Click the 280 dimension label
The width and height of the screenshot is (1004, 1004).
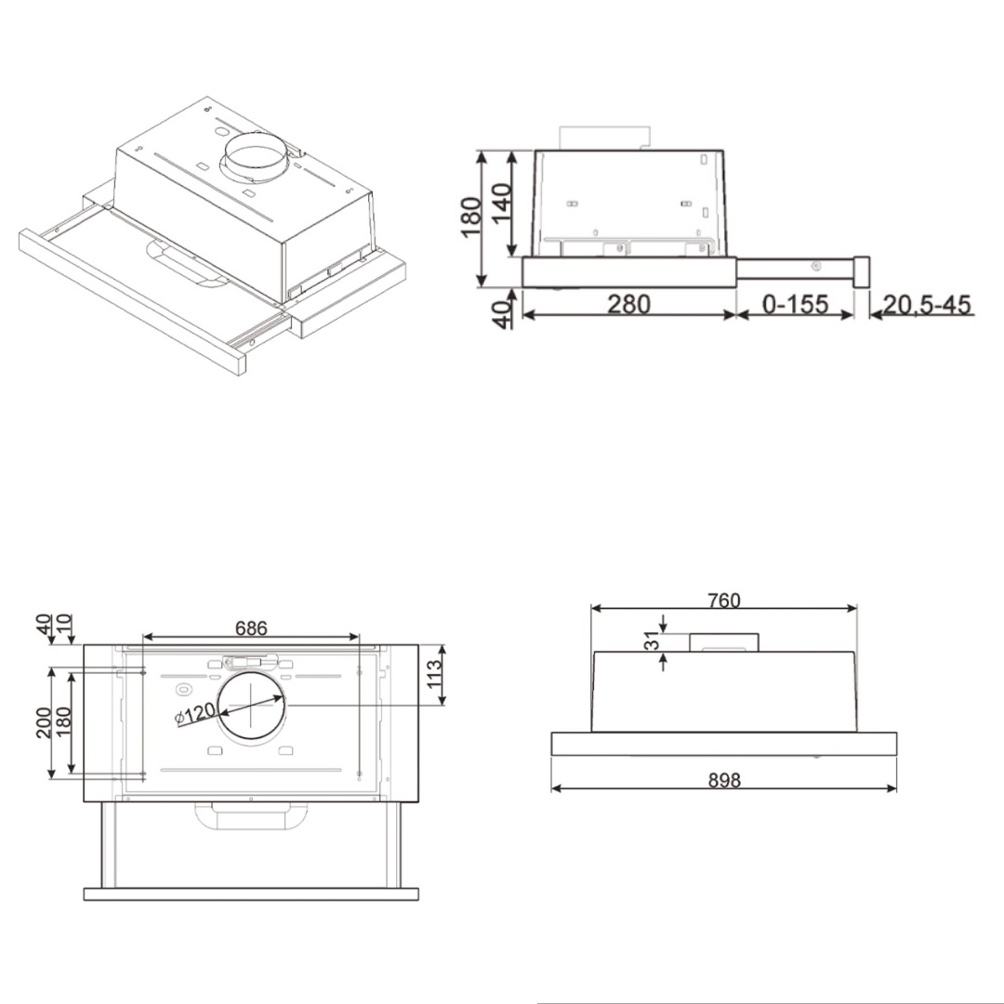[628, 304]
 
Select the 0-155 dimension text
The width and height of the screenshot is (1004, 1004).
[795, 304]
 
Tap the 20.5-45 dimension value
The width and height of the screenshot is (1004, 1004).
[927, 304]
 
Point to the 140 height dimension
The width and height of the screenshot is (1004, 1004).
[501, 202]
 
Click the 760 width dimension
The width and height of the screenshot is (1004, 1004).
[723, 601]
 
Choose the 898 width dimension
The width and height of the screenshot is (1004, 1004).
[724, 781]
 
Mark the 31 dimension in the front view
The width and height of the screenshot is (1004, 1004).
[651, 641]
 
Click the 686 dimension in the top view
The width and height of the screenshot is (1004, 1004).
[251, 628]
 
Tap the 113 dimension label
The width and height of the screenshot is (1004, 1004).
[434, 674]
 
